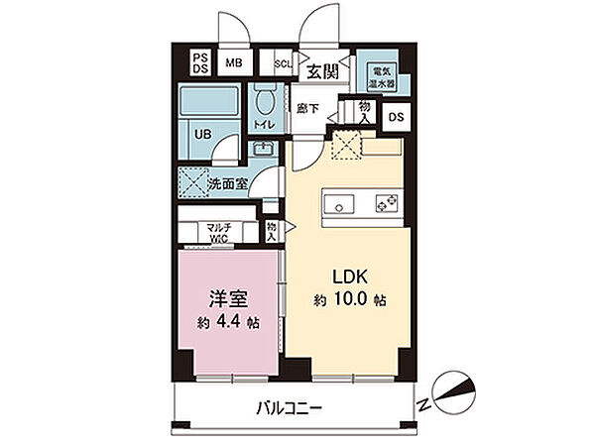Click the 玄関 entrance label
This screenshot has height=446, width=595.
coord(322,70)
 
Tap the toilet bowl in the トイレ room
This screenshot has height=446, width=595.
coord(264,101)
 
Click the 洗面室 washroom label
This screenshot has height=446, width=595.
coord(226,183)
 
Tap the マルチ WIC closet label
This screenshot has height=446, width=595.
coord(219,233)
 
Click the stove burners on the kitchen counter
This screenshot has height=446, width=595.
coord(386,204)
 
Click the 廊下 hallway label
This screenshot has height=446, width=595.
coord(306,108)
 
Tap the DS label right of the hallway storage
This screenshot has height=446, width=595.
coord(396,117)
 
